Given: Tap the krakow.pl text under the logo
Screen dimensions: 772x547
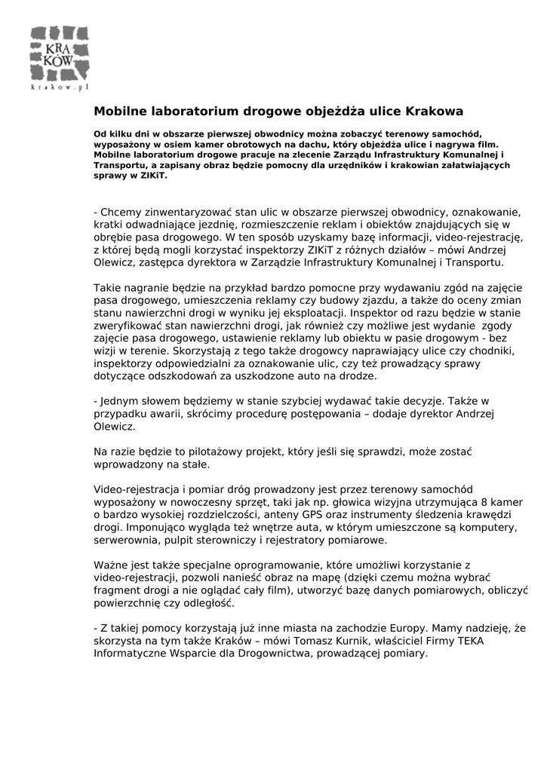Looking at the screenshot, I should [60, 87].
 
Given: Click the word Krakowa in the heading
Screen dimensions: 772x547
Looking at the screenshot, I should [435, 112].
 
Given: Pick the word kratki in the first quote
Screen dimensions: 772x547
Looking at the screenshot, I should [108, 224].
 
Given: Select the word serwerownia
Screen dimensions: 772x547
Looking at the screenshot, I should [125, 541].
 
